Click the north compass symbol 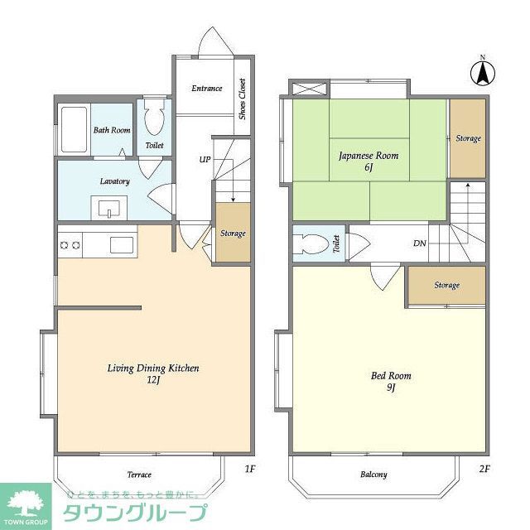pos(481,73)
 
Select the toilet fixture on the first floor pos(154,121)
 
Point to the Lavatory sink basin pos(108,208)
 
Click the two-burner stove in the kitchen pos(69,245)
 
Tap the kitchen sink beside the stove pos(122,245)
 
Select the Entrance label pos(206,89)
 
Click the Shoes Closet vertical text pos(243,99)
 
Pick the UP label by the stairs pos(204,159)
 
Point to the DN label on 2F pos(420,243)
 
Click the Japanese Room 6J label pos(368,161)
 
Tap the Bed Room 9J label pos(390,381)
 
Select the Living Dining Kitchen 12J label pos(152,373)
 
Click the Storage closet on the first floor pos(233,234)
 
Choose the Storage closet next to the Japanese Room pos(468,138)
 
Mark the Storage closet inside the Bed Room pos(446,286)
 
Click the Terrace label pos(139,475)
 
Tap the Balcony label pos(373,475)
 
